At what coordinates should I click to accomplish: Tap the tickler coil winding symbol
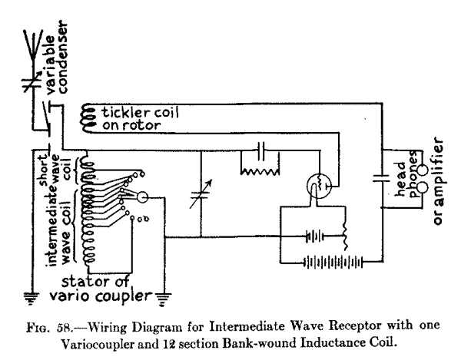click(x=85, y=117)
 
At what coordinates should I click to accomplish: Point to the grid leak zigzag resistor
click(x=259, y=171)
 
